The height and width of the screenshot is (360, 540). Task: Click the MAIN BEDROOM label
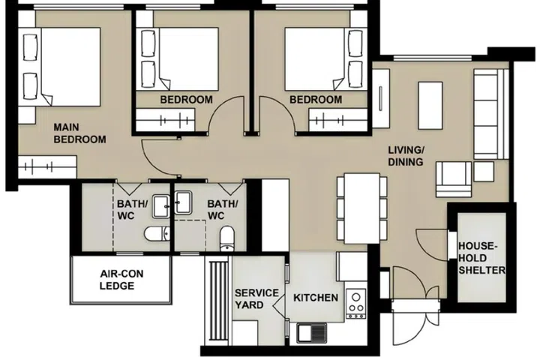pyautogui.click(x=79, y=133)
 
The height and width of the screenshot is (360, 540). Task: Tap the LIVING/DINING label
pyautogui.click(x=406, y=155)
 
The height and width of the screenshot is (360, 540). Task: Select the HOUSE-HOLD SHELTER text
pyautogui.click(x=481, y=258)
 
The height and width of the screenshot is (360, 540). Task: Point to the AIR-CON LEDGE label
pyautogui.click(x=117, y=280)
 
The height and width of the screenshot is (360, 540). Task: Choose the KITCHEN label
pyautogui.click(x=316, y=298)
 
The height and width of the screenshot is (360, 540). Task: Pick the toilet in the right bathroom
pyautogui.click(x=227, y=239)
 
